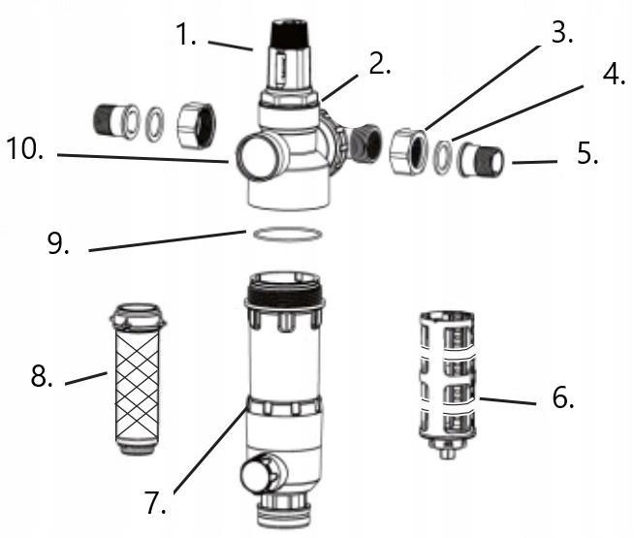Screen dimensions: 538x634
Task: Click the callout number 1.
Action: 186,37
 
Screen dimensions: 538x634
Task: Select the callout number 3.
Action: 558,31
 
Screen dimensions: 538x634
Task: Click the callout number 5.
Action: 586,154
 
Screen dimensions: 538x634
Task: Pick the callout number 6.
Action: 563,396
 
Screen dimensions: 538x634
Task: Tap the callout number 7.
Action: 156,502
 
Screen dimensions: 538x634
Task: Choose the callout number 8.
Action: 40,377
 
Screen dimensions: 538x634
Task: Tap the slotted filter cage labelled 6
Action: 448,377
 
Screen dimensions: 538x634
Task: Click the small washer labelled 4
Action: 441,155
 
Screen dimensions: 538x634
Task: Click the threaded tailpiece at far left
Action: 112,122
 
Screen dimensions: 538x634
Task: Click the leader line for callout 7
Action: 208,456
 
